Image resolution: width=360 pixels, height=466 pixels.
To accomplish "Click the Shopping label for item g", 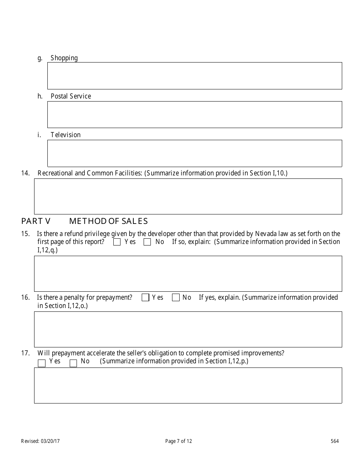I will pyautogui.click(x=64, y=58).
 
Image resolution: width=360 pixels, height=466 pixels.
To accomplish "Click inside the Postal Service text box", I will pyautogui.click(x=194, y=114).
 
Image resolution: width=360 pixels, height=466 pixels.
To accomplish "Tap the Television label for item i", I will pyautogui.click(x=66, y=135).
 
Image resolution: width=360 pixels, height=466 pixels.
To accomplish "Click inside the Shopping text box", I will pyautogui.click(x=194, y=76).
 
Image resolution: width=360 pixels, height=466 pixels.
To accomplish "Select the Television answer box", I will pyautogui.click(x=194, y=153).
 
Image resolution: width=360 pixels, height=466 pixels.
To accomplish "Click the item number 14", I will pyautogui.click(x=25, y=173).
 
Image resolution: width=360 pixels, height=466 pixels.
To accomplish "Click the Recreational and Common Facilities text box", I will pyautogui.click(x=188, y=197).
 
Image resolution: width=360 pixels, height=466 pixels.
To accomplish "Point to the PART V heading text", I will pyautogui.click(x=36, y=221).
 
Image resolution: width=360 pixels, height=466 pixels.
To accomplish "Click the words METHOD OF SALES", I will pyautogui.click(x=108, y=221).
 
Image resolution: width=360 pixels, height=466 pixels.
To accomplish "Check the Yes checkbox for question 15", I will pyautogui.click(x=117, y=242).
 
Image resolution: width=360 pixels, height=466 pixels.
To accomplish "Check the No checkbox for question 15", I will pyautogui.click(x=147, y=242).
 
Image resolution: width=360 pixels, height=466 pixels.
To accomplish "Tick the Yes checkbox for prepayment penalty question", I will pyautogui.click(x=145, y=298).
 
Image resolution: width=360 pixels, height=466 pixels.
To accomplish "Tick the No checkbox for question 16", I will pyautogui.click(x=176, y=298).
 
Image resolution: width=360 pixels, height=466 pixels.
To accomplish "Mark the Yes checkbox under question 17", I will pyautogui.click(x=42, y=363).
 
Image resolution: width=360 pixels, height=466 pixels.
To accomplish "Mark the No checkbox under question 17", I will pyautogui.click(x=74, y=363).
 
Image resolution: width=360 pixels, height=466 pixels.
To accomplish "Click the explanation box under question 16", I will pyautogui.click(x=188, y=329).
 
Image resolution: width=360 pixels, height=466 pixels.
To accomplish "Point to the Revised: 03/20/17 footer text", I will pyautogui.click(x=40, y=441).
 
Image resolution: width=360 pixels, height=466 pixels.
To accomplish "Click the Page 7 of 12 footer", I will pyautogui.click(x=179, y=441).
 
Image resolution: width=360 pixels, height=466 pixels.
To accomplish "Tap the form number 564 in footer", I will pyautogui.click(x=335, y=441).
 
